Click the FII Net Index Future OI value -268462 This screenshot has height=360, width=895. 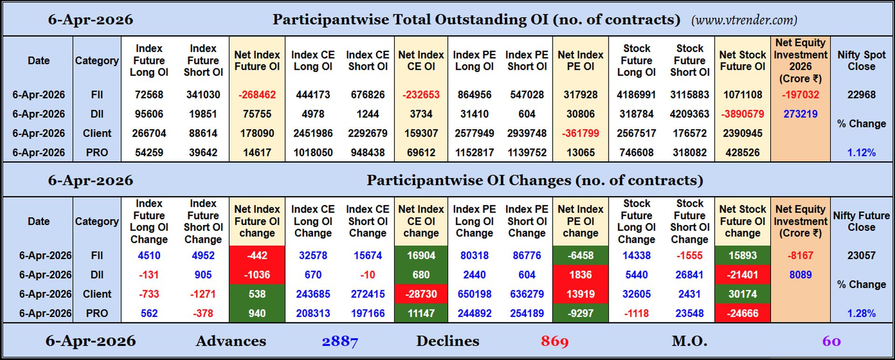point(257,95)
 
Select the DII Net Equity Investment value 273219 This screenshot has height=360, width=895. point(800,114)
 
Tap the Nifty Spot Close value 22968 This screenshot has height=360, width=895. point(861,95)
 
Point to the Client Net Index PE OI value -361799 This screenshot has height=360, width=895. point(580,133)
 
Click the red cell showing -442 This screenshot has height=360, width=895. point(257,256)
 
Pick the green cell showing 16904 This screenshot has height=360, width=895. point(421,256)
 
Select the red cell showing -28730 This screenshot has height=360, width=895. point(421,294)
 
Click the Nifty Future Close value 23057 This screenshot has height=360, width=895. point(861,256)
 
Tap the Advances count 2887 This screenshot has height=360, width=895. point(340,341)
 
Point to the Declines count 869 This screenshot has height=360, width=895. point(555,341)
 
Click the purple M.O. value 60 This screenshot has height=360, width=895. point(831,341)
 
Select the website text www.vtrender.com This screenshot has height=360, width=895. point(744,20)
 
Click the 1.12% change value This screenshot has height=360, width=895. point(861,152)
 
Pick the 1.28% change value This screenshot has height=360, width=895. point(861,313)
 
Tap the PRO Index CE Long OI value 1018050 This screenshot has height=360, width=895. point(313,152)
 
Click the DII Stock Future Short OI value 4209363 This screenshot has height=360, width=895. point(689,114)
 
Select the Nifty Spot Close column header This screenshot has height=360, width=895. point(861,61)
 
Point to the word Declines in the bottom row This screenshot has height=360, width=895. point(447,341)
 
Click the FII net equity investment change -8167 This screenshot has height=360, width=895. point(800,256)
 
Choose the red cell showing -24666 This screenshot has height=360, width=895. point(742,313)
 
